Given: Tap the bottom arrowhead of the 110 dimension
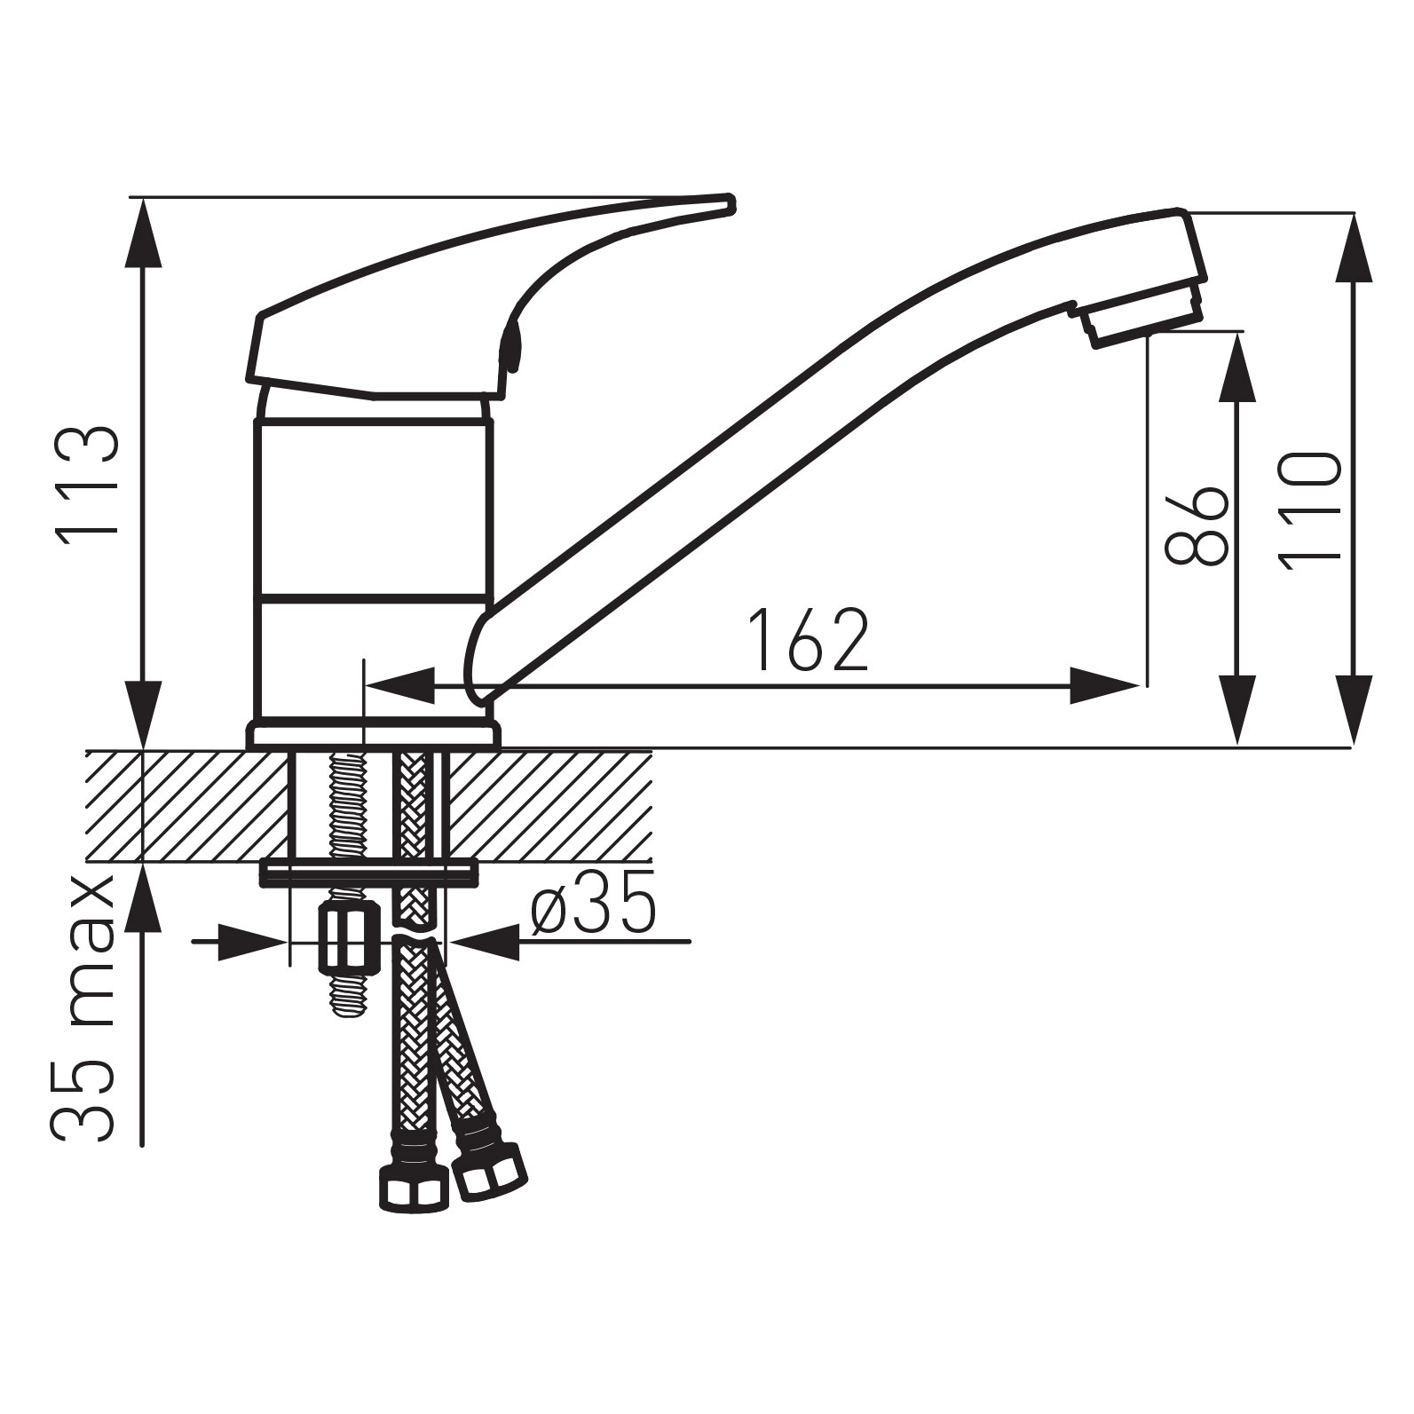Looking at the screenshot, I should [x=1353, y=710].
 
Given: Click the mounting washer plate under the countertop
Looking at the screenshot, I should [x=367, y=873].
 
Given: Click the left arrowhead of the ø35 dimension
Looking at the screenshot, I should [x=253, y=942].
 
